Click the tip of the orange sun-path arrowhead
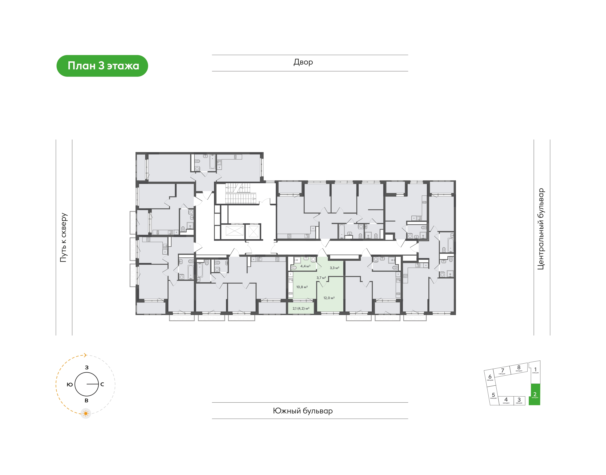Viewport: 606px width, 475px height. click(87, 355)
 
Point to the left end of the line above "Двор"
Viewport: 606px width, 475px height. click(212, 55)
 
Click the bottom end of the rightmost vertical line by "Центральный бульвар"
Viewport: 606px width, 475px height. click(550, 335)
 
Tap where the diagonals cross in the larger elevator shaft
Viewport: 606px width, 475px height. click(234, 231)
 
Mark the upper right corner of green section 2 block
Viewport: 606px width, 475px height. click(540, 384)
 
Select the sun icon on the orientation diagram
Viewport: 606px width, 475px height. click(86, 414)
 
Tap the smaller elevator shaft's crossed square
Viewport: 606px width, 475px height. click(253, 231)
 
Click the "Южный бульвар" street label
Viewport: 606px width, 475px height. click(303, 411)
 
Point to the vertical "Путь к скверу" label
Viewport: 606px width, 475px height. click(64, 237)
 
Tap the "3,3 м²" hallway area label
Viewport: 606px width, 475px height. click(334, 268)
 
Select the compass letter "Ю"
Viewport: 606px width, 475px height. click(70, 384)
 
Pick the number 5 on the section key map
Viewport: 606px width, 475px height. click(493, 395)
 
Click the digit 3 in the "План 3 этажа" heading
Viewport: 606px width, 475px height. click(101, 66)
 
